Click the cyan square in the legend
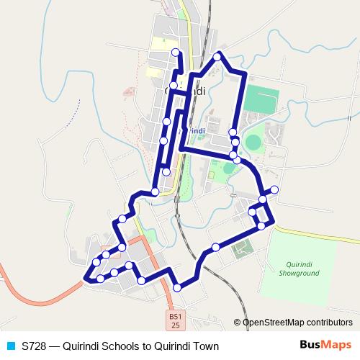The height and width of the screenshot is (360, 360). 11,346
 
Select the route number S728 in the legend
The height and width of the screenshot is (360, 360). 35,346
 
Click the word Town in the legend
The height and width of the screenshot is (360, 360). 204,346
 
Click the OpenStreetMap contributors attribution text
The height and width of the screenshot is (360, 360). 297,323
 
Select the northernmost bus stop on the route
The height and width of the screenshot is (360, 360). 176,52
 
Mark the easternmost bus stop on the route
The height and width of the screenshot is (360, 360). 274,189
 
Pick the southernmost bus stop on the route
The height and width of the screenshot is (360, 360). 178,288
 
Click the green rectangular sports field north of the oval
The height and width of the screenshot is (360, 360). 259,99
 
